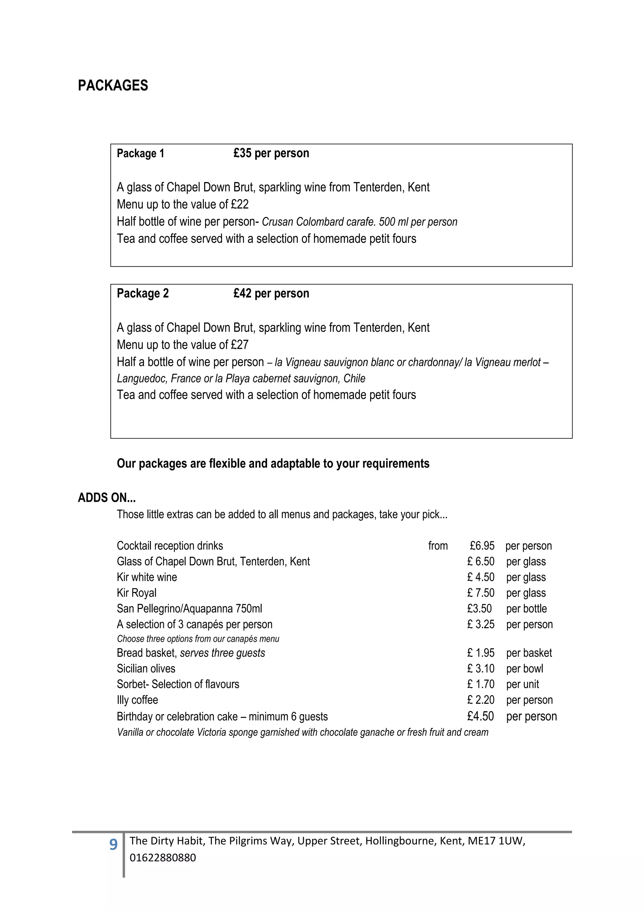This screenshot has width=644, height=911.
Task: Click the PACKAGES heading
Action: (x=113, y=85)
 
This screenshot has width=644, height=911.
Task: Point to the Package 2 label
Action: (x=143, y=293)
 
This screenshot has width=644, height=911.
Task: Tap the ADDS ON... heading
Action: (x=107, y=498)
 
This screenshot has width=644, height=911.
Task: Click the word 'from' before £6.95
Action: (x=438, y=546)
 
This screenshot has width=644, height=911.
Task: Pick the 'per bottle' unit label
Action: (x=526, y=609)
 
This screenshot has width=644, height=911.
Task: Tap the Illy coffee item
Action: (x=137, y=700)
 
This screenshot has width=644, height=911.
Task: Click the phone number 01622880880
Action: (x=163, y=858)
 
